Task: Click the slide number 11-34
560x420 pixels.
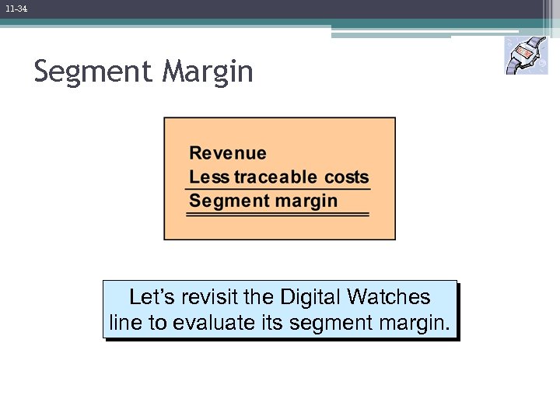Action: [16, 9]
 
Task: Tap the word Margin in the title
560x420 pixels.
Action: [208, 72]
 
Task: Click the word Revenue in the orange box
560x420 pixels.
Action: [228, 153]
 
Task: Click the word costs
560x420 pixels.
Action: [346, 177]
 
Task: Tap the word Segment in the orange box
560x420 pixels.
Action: [222, 201]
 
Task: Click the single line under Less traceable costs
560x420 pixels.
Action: [278, 189]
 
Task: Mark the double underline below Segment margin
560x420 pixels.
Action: [278, 214]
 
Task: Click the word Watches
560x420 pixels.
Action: [389, 297]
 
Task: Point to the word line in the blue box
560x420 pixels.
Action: [124, 323]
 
